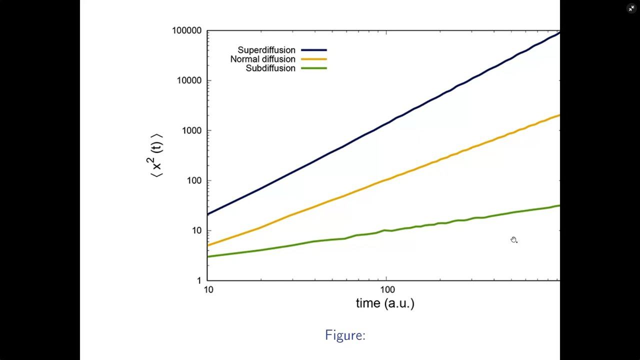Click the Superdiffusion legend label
tap(266, 50)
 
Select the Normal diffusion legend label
tap(263, 59)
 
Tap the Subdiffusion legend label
tap(270, 68)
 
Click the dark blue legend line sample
tap(314, 50)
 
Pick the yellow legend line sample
tap(314, 59)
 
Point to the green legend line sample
tap(314, 68)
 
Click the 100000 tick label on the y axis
tap(187, 30)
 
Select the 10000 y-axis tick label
tap(189, 80)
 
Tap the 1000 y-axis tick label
tap(191, 130)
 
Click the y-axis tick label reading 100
tap(194, 180)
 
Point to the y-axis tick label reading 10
tap(197, 230)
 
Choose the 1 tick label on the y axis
tap(199, 280)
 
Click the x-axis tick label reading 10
tap(208, 289)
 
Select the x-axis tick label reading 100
tap(387, 289)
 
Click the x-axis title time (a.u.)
tap(385, 303)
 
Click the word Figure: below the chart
tap(345, 335)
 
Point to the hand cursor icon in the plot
tap(513, 240)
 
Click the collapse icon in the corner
tap(631, 8)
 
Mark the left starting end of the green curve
tap(207, 256)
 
